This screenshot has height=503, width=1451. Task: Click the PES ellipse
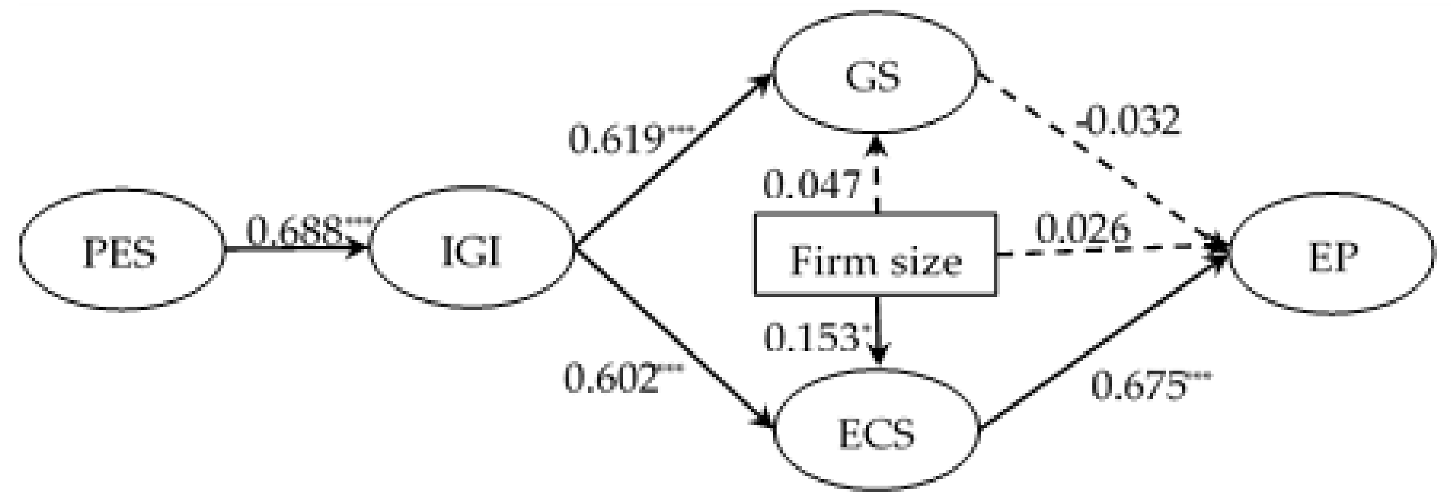[121, 250]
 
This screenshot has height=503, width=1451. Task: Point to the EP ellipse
[1331, 257]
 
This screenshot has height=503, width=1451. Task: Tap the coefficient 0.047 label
[811, 184]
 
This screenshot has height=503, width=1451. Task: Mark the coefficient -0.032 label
[1127, 121]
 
